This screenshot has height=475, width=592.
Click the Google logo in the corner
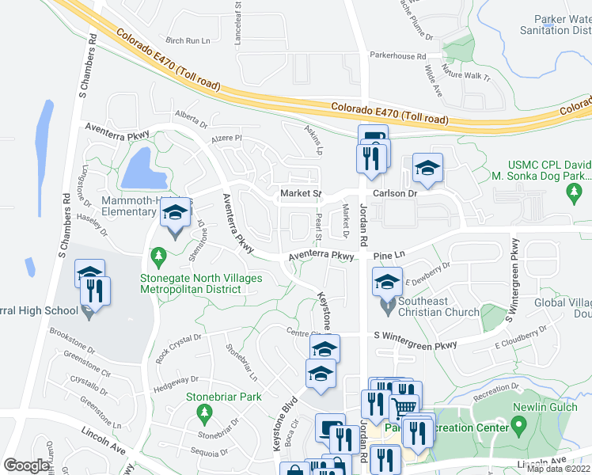(26, 465)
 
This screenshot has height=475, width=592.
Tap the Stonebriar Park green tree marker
(204, 412)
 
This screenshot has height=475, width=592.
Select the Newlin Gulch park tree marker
(519, 426)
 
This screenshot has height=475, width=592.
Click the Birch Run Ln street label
(188, 40)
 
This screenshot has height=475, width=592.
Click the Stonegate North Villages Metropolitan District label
(190, 283)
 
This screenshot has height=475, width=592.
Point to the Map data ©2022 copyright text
(557, 469)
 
